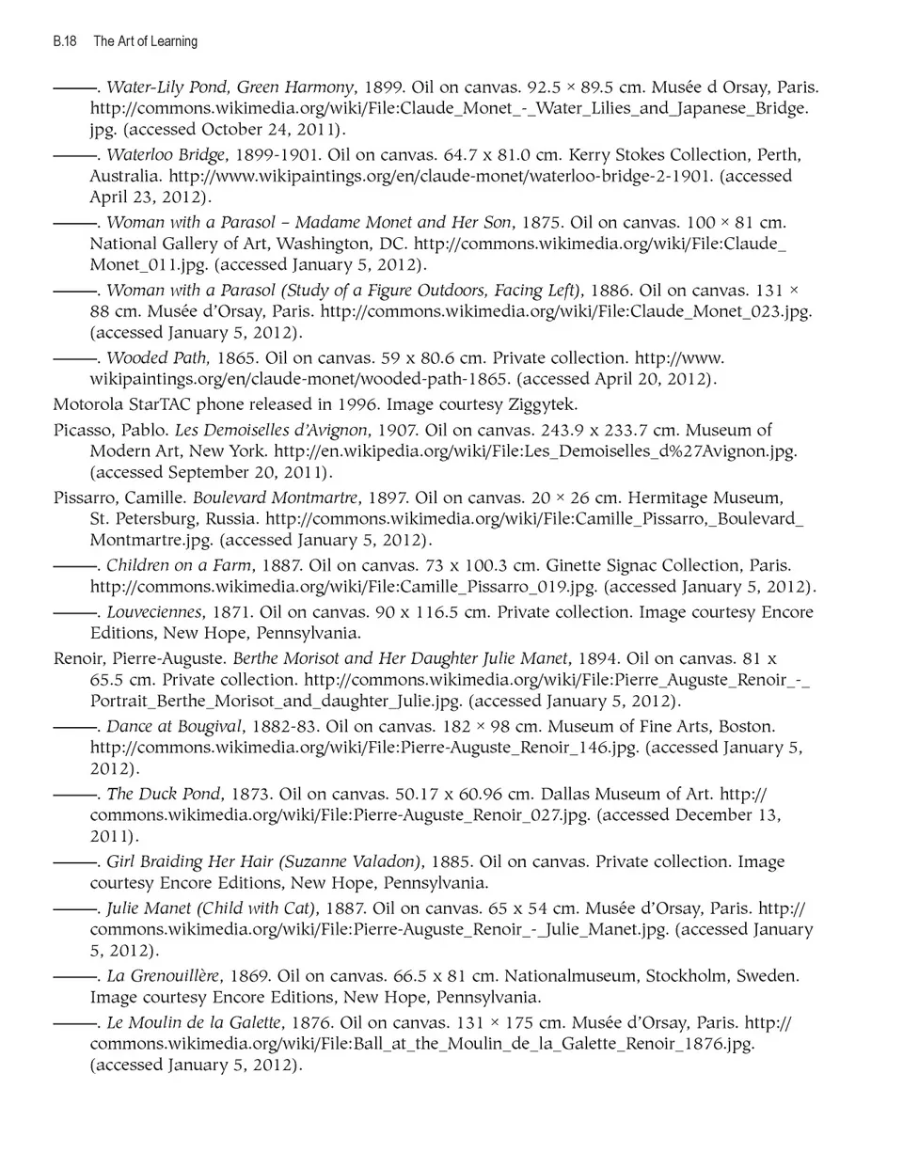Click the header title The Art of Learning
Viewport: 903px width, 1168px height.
click(145, 41)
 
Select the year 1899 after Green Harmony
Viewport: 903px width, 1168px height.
click(383, 87)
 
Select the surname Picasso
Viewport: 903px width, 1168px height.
click(82, 431)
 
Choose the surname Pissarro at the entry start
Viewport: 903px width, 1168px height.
click(86, 498)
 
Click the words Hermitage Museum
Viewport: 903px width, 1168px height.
click(705, 498)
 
